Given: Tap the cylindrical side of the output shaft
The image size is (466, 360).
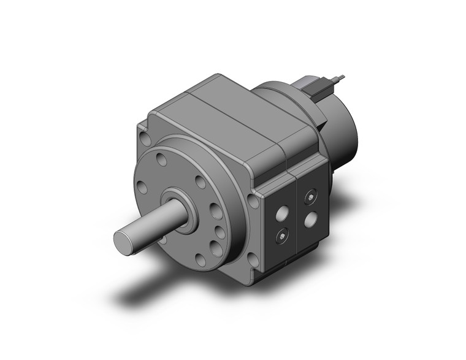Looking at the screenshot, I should pos(153,223).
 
